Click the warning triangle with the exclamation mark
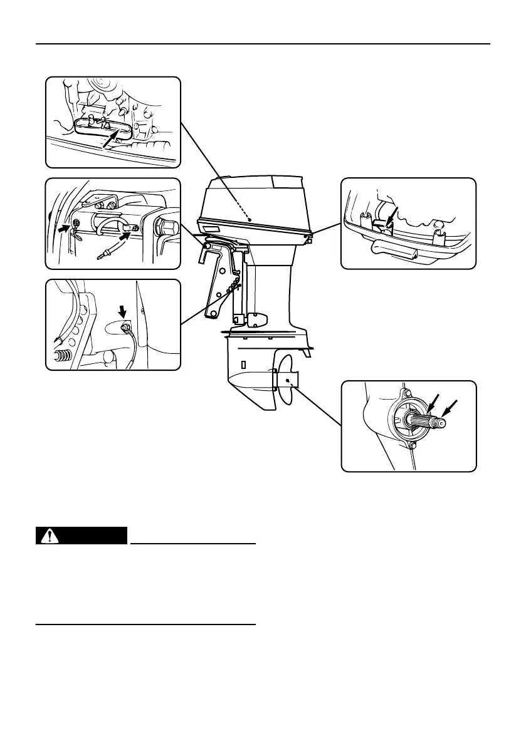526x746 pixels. (x=48, y=536)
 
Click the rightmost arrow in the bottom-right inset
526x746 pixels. (x=449, y=408)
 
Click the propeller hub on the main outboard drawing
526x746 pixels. (x=286, y=380)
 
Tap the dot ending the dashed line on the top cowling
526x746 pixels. (x=250, y=220)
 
